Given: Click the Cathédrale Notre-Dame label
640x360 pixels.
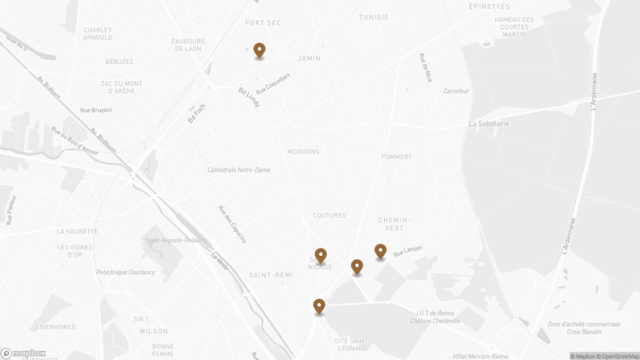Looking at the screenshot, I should [x=239, y=170].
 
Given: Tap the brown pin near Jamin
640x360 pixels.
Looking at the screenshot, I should [x=259, y=50].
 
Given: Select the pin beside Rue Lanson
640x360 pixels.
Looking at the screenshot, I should [x=380, y=252].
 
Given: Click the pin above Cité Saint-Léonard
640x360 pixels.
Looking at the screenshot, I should [x=319, y=306].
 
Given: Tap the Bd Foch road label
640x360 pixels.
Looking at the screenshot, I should [x=197, y=114].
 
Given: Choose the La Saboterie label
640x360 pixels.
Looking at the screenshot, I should [x=489, y=124].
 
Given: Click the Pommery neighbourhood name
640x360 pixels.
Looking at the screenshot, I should [x=397, y=157].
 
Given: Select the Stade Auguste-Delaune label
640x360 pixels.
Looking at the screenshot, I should [x=174, y=240].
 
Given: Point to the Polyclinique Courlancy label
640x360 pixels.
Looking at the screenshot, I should [x=126, y=272].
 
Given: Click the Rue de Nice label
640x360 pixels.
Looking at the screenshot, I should [x=426, y=67].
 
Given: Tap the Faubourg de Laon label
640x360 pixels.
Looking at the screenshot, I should [x=188, y=45].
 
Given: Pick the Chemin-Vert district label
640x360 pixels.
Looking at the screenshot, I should [x=394, y=224].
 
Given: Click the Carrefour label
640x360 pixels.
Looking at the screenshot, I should [x=456, y=91].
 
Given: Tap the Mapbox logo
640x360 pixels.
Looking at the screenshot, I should [x=23, y=353].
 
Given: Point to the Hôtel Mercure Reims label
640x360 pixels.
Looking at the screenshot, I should [x=480, y=356].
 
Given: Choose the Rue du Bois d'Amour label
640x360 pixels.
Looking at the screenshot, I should [x=75, y=141].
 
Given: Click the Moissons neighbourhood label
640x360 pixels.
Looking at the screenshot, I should [x=303, y=151].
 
